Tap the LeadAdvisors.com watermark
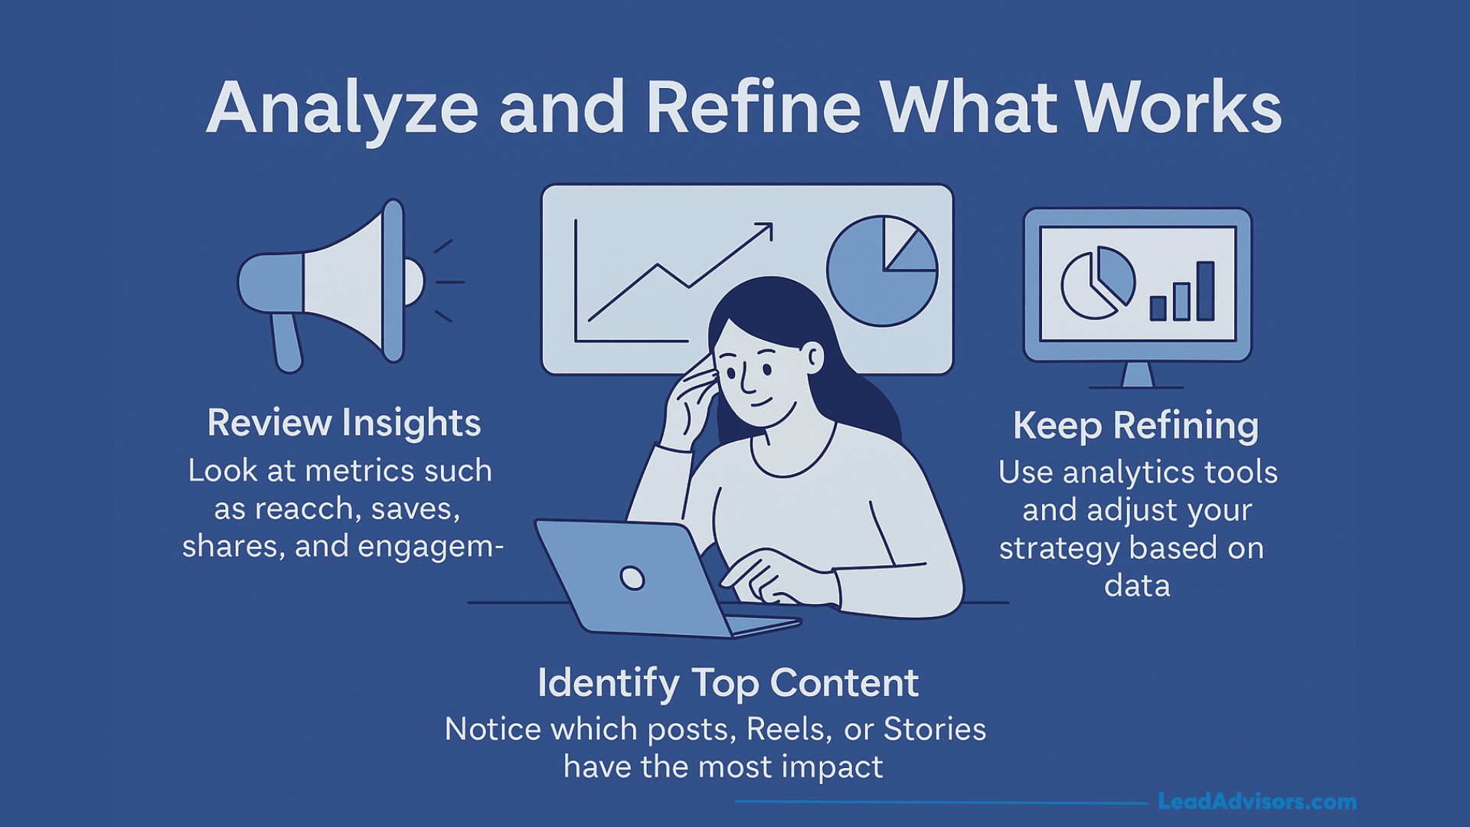pos(1256,802)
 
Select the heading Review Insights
pos(344,423)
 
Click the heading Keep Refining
pos(1135,426)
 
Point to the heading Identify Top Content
pos(727,683)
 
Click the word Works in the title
pos(1179,108)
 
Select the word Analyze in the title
pos(342,108)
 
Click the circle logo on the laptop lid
pos(632,577)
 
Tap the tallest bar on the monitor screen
pos(1206,291)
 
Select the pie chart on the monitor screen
pos(1097,283)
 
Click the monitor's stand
pos(1137,375)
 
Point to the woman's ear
pos(814,357)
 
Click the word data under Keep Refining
pos(1137,587)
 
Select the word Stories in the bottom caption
pos(934,730)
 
